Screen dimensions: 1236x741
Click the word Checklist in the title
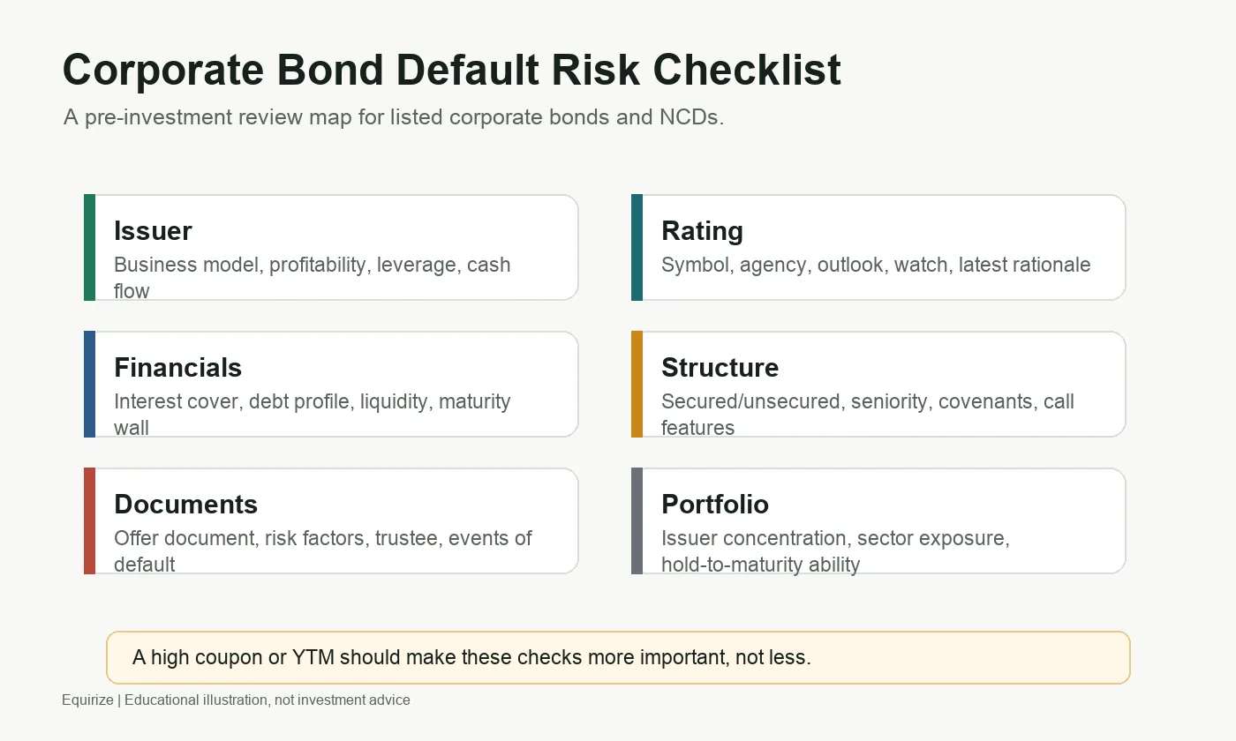pos(747,70)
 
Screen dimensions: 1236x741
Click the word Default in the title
pos(467,70)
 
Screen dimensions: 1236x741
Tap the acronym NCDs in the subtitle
pos(691,116)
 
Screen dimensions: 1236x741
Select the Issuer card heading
pos(153,230)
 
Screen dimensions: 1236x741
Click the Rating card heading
pos(702,231)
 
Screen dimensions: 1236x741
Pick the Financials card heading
pos(177,367)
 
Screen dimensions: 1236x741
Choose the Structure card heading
pos(720,367)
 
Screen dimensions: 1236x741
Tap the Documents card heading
pos(186,504)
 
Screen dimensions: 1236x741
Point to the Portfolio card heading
pos(715,504)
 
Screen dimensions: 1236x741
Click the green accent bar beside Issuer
pos(89,248)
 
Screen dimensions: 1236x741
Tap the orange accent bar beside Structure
pos(637,385)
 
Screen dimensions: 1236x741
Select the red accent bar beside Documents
pos(89,521)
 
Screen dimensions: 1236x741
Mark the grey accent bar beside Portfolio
pos(637,521)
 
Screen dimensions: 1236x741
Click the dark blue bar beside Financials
pos(89,385)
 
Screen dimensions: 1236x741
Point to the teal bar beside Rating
pos(637,248)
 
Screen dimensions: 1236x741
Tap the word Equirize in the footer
pos(87,700)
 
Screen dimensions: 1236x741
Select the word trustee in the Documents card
pos(408,538)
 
